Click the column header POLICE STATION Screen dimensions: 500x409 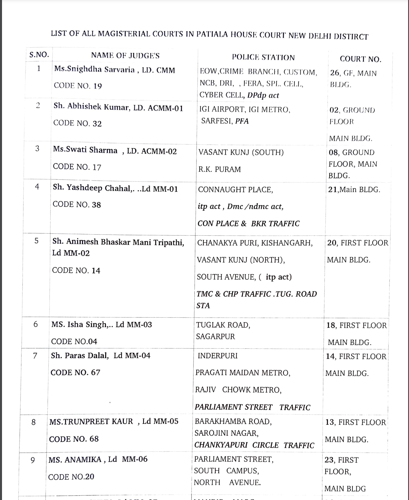tap(263, 57)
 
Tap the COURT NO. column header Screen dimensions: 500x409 tap(360, 59)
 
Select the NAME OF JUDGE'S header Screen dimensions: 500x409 tap(125, 55)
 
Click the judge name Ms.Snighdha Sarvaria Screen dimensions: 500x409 tap(94, 70)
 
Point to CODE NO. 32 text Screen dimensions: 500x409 tap(77, 123)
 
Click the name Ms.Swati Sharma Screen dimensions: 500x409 tap(85, 150)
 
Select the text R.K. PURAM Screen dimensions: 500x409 tap(219, 169)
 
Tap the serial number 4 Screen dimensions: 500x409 tap(37, 187)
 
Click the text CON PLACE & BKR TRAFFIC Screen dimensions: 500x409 tap(248, 224)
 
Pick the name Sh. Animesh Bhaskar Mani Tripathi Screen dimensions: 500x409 tap(118, 242)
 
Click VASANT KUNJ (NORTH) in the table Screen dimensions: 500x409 tap(241, 260)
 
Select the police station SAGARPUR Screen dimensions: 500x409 tap(216, 337)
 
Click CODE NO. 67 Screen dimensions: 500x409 tap(75, 372)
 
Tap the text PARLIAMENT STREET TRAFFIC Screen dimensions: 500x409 tap(252, 407)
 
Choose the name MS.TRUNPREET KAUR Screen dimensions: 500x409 tap(91, 422)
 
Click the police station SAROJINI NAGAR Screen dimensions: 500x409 tap(226, 433)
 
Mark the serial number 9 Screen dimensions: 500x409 tap(33, 460)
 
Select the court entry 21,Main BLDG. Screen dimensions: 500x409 tap(354, 189)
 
